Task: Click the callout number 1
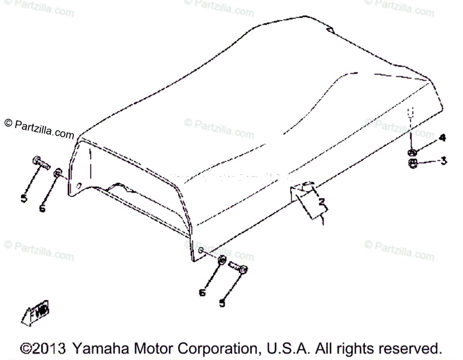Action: point(321,221)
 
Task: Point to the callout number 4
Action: point(442,138)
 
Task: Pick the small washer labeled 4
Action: point(411,152)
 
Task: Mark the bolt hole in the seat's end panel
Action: point(79,186)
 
